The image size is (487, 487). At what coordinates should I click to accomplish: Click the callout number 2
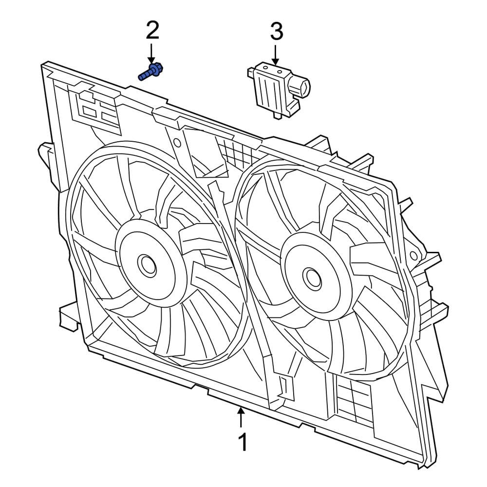click(x=152, y=32)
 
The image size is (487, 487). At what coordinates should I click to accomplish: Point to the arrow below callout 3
click(x=276, y=55)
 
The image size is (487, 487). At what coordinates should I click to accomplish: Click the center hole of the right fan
click(x=312, y=278)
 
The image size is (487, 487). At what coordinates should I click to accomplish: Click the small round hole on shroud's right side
click(x=414, y=255)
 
